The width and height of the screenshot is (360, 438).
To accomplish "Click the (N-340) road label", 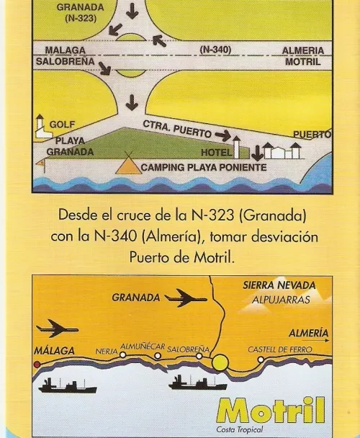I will [215, 50].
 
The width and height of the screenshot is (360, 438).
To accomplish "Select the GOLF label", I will [62, 125].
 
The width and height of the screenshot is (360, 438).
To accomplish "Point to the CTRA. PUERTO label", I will [177, 129].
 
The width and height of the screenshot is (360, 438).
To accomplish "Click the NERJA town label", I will [107, 351].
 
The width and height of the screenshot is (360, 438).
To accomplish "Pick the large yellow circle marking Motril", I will [220, 362].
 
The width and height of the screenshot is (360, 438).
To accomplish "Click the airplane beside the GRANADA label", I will [186, 298].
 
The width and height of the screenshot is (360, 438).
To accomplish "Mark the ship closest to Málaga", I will [68, 386].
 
